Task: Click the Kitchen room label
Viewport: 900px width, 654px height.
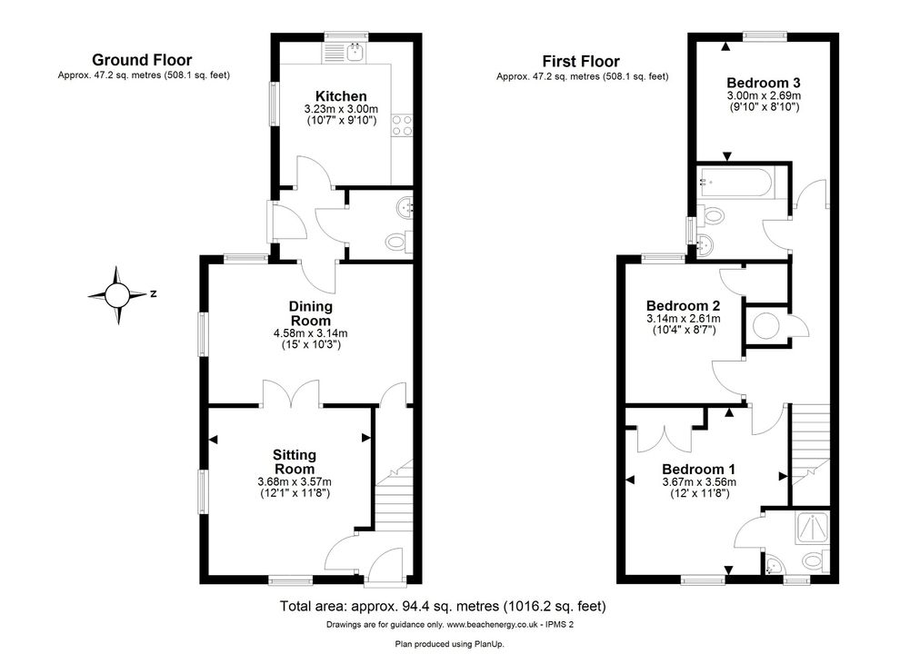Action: coord(341,96)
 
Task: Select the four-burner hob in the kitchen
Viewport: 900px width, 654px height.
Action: coord(403,125)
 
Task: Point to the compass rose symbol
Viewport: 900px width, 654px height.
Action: coord(117,295)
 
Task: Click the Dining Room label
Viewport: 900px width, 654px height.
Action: coord(311,313)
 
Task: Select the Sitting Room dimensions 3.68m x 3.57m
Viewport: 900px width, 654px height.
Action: coord(295,481)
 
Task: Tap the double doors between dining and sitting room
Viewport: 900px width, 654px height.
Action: coord(291,392)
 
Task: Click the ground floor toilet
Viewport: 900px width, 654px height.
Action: coord(399,242)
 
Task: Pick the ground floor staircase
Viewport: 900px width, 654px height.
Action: coord(394,493)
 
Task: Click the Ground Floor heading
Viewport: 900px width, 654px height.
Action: coord(142,60)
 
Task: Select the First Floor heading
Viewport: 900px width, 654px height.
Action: coord(581,62)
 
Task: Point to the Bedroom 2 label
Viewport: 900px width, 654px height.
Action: coord(683,306)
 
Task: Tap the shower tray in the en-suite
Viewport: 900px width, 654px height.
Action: coord(812,528)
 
